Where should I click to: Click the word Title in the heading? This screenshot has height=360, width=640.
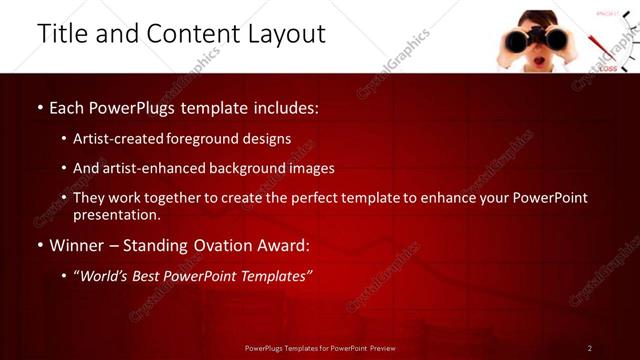coord(62,34)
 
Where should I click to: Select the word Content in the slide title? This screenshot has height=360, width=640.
coord(189,34)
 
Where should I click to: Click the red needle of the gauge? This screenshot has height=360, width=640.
coord(601,48)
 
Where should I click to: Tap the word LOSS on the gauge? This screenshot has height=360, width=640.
coord(608,68)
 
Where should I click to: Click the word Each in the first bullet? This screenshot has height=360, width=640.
coord(67,106)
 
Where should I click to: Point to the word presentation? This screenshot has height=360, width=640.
coord(116,214)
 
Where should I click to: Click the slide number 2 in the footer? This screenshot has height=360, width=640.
coord(589,348)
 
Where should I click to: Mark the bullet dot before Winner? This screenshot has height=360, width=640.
coord(39,246)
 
